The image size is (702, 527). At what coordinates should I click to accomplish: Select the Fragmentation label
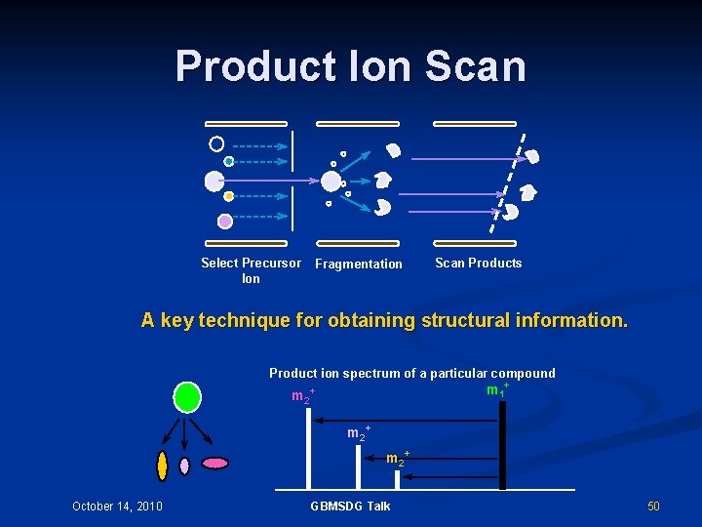click(x=359, y=263)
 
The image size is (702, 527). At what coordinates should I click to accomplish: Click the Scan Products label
click(x=478, y=263)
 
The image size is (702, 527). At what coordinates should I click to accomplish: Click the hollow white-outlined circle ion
click(x=216, y=143)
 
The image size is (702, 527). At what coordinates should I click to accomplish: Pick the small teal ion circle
click(x=229, y=161)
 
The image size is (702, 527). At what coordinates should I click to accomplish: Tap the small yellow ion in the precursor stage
click(x=229, y=196)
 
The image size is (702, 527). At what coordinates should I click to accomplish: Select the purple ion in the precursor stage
click(x=225, y=222)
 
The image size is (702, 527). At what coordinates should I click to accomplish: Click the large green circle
click(x=187, y=397)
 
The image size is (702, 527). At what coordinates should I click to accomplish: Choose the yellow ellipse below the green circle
click(x=162, y=466)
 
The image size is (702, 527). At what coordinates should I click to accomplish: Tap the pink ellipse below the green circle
click(x=214, y=463)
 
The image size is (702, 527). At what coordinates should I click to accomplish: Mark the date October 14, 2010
click(x=117, y=506)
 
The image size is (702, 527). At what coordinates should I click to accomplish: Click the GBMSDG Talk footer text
click(x=350, y=506)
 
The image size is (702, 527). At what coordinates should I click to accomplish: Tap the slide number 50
click(x=653, y=506)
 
